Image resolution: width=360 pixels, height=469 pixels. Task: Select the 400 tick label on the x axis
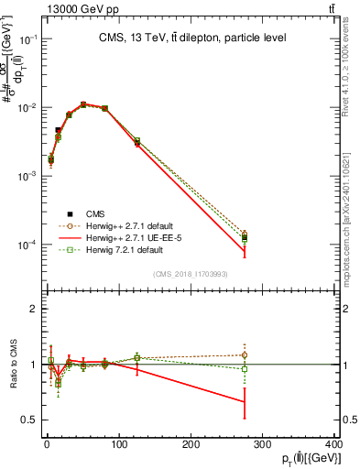click(334, 444)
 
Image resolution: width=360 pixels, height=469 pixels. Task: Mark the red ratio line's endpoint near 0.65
click(245, 401)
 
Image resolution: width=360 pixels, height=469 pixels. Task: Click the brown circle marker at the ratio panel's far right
click(245, 354)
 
